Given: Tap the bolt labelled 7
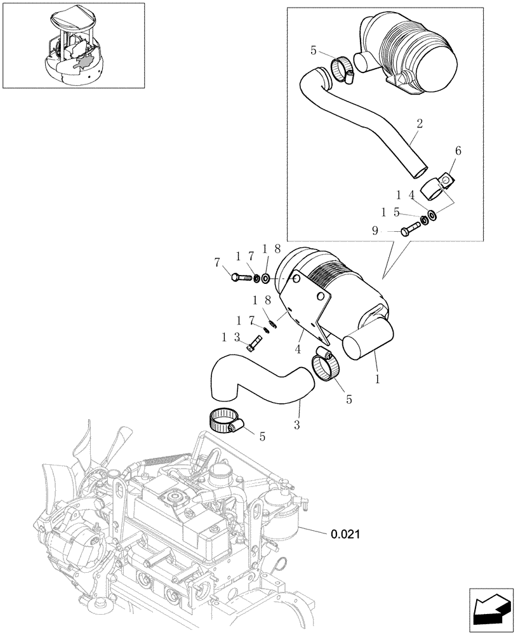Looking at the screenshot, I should pos(241,277).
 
